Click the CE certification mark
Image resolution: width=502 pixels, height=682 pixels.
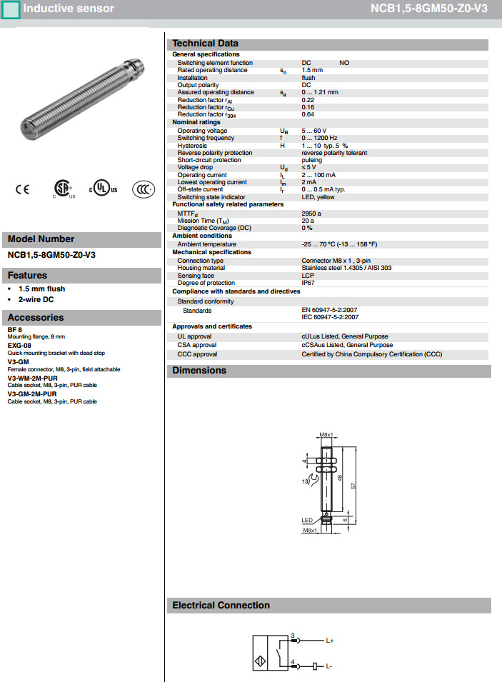[23, 189]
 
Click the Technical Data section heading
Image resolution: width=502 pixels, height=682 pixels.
[205, 44]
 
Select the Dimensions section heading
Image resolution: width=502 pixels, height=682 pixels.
[199, 371]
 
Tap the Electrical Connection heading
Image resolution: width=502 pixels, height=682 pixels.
[221, 606]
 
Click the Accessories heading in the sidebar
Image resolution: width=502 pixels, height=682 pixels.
[36, 318]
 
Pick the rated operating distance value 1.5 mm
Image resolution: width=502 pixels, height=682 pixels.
[312, 71]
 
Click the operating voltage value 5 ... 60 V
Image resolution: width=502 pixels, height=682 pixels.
[314, 131]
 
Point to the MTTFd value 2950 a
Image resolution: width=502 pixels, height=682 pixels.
[311, 213]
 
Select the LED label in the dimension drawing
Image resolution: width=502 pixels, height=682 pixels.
[307, 520]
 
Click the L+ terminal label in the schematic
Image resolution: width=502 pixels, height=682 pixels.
[330, 641]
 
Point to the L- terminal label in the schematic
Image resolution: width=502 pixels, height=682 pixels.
[329, 666]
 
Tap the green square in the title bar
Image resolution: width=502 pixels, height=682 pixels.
[11, 9]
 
